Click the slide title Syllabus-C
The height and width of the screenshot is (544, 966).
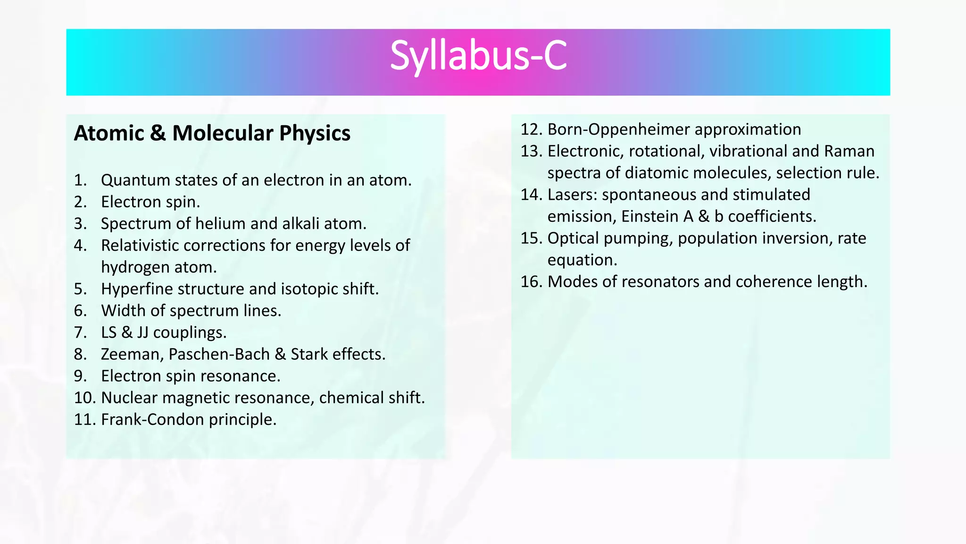pos(478,57)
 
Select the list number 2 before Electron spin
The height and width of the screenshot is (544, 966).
pos(80,202)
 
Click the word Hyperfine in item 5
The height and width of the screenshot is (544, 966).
pos(136,289)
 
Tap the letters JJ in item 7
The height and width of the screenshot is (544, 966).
pos(142,332)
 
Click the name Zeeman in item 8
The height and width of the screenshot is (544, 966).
pos(132,354)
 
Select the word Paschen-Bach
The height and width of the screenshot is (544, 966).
pos(219,354)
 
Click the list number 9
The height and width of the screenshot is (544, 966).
pos(80,376)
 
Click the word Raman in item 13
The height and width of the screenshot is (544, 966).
pos(849,151)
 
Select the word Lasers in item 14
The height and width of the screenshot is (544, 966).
pos(572,195)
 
